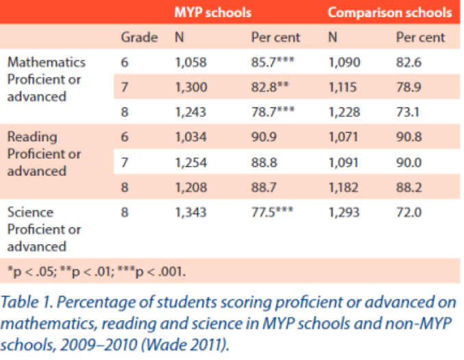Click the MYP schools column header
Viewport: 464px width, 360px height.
[x=212, y=13]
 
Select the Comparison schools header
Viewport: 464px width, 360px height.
[x=390, y=13]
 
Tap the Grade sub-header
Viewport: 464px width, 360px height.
[x=139, y=37]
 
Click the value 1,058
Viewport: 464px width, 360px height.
[x=191, y=62]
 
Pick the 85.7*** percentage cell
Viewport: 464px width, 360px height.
[x=273, y=62]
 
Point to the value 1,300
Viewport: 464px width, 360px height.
[x=191, y=87]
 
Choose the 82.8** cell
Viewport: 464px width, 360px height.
[x=270, y=87]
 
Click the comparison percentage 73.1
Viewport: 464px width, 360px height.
[x=408, y=112]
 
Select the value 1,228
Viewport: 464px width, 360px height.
[x=345, y=112]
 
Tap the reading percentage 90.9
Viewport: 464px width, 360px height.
[x=264, y=136]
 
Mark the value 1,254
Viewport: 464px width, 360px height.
[x=191, y=163]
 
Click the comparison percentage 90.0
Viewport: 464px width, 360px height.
[x=409, y=163]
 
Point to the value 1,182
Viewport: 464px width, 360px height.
[x=343, y=187]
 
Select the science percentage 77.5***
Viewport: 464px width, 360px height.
[x=272, y=212]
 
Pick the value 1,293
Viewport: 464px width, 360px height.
[x=344, y=213]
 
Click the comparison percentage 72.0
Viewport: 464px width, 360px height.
[x=409, y=213]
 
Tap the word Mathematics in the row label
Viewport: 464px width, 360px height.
[x=47, y=62]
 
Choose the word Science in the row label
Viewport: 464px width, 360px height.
[x=30, y=213]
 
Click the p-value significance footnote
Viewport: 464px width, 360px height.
[x=97, y=271]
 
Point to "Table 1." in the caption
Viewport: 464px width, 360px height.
[x=27, y=302]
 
